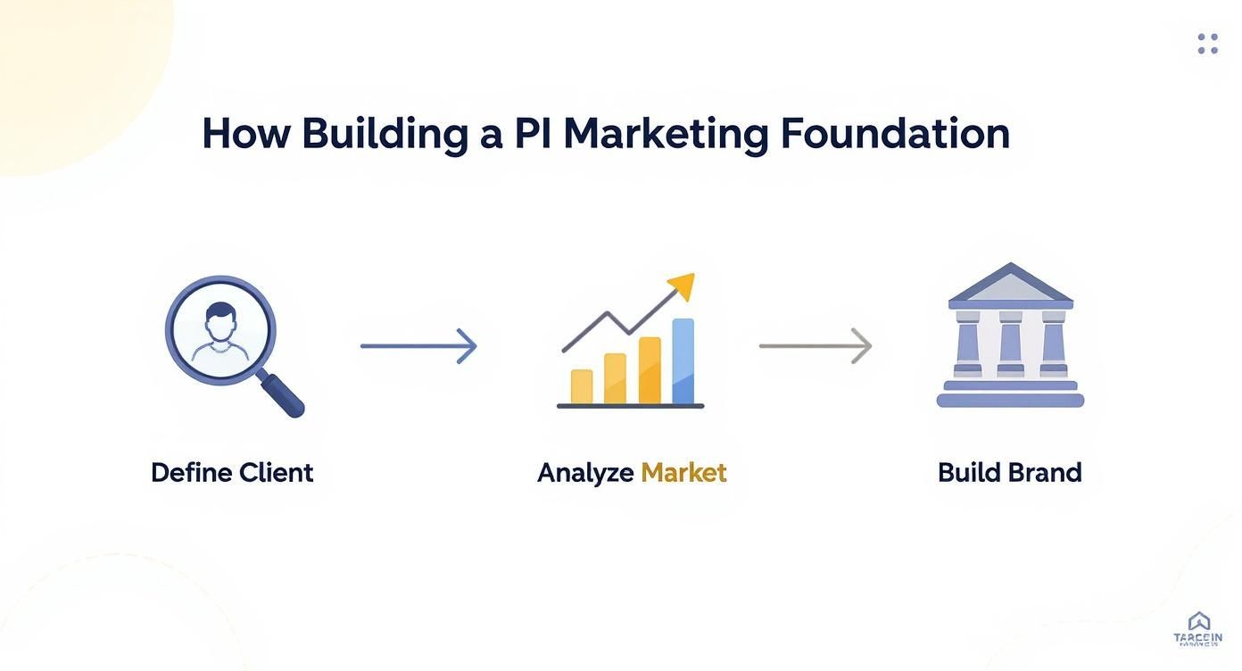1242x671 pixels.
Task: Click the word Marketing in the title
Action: [666, 134]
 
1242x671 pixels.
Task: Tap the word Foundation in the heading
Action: [895, 134]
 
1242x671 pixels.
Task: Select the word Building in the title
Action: [385, 134]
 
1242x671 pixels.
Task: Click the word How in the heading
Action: [245, 134]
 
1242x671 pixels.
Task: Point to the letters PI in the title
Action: [533, 134]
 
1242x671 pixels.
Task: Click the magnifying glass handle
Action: [284, 395]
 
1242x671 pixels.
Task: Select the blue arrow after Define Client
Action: [418, 345]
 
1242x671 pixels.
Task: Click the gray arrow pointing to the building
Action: [815, 345]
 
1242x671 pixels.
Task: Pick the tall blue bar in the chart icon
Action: [683, 360]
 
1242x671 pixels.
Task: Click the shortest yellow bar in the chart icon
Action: [582, 386]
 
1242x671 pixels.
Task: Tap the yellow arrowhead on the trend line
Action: [682, 286]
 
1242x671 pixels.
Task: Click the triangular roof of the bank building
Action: [1010, 284]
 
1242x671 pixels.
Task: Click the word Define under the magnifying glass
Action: [190, 472]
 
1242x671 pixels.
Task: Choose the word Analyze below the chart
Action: [585, 473]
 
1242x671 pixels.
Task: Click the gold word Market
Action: [683, 472]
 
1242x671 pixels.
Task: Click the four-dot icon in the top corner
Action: [1207, 44]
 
